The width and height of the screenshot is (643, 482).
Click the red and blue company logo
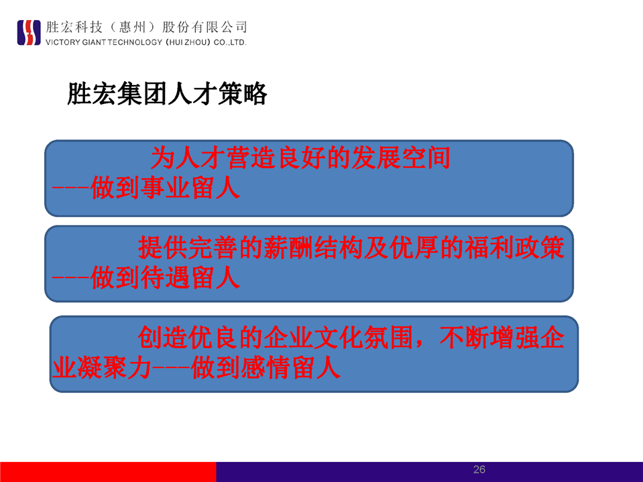click(29, 32)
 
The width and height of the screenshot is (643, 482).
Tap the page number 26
click(479, 470)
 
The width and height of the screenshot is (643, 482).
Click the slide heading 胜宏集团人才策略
click(168, 94)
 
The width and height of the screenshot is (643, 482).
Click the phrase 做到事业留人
click(165, 188)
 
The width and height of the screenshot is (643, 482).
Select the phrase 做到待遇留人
click(165, 278)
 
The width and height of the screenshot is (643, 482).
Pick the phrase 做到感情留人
click(266, 367)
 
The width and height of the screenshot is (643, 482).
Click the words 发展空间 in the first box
click(401, 158)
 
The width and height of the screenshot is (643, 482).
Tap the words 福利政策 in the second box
click(515, 247)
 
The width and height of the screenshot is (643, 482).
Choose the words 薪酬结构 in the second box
click(314, 247)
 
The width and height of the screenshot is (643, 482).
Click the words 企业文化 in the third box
click(314, 337)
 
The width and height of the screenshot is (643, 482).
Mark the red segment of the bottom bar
click(108, 472)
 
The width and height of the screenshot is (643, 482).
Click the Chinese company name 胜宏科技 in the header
click(74, 27)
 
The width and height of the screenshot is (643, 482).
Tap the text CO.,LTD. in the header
click(230, 42)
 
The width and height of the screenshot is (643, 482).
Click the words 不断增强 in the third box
click(489, 337)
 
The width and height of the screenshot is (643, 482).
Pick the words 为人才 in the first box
click(188, 158)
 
